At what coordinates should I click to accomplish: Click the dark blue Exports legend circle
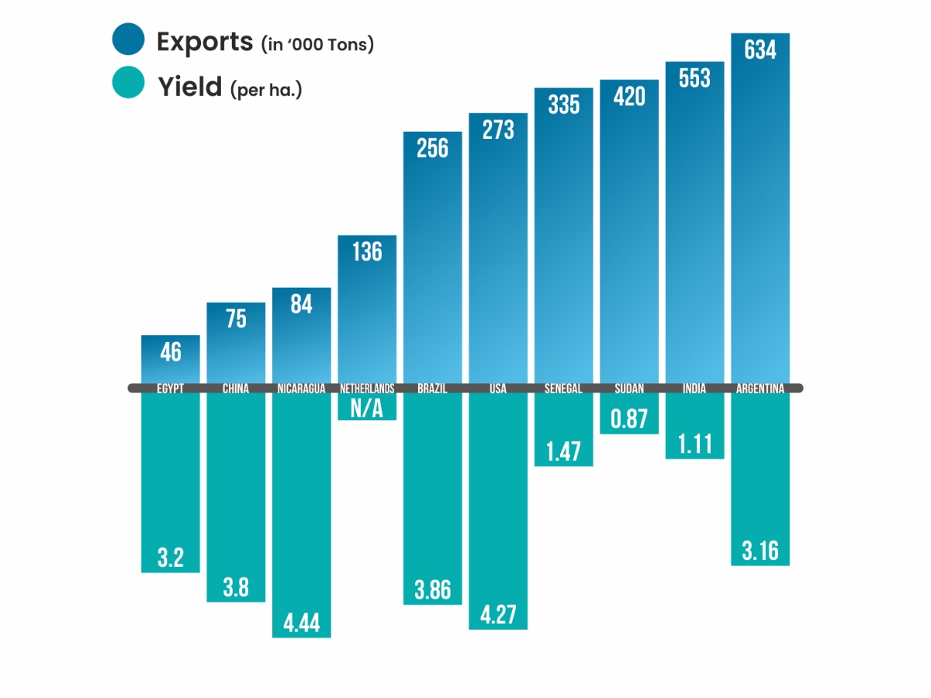[128, 40]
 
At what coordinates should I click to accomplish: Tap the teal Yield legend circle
[128, 83]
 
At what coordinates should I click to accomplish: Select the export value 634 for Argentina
[760, 50]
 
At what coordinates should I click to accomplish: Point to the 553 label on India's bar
[694, 78]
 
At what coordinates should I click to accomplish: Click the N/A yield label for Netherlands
[367, 408]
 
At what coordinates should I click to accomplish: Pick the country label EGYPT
[171, 389]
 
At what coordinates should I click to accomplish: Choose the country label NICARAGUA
[301, 389]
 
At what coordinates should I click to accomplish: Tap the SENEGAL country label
[563, 389]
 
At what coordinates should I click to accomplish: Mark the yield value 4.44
[301, 623]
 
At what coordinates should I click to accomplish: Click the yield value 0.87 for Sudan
[628, 419]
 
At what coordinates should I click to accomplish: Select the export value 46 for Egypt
[171, 352]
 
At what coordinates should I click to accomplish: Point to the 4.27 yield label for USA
[497, 614]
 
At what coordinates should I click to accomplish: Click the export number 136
[367, 251]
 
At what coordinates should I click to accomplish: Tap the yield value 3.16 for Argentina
[760, 551]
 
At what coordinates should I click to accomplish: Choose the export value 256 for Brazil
[432, 148]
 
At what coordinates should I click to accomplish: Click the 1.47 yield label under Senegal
[563, 451]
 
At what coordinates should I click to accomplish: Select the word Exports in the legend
[205, 41]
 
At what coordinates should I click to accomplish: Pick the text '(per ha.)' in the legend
[266, 90]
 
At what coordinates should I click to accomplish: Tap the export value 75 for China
[236, 319]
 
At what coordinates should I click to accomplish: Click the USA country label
[497, 389]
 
